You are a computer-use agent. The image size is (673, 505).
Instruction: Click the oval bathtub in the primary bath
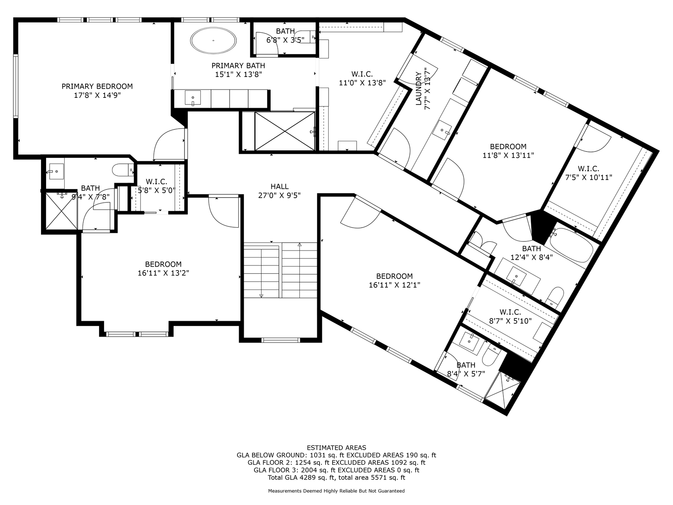[x=213, y=40]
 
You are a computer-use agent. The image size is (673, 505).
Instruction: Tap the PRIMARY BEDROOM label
[x=97, y=86]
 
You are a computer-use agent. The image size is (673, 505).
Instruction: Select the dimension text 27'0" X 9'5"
[x=279, y=195]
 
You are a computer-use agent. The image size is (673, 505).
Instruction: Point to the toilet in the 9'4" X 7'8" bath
[x=122, y=170]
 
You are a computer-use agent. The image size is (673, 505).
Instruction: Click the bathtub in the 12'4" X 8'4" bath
[x=572, y=246]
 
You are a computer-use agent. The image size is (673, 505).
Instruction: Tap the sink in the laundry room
[x=441, y=130]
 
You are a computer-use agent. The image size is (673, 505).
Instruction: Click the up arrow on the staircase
[x=299, y=245]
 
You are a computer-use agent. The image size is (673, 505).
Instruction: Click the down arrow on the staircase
[x=261, y=295]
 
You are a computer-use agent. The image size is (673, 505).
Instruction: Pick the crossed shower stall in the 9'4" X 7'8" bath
[x=61, y=210]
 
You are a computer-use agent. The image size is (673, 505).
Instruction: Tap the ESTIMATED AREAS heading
[x=336, y=448]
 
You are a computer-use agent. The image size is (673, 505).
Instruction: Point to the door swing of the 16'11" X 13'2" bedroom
[x=223, y=213]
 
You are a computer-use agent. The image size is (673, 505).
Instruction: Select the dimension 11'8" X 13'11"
[x=508, y=155]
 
